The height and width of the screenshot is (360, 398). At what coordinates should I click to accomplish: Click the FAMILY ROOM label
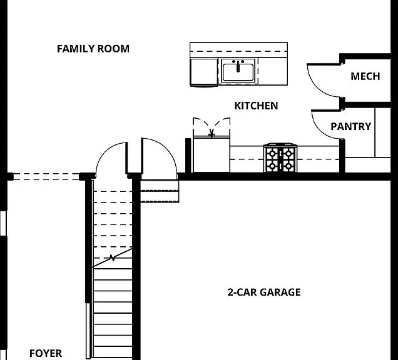(93, 49)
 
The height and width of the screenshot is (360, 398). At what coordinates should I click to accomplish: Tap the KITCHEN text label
(256, 106)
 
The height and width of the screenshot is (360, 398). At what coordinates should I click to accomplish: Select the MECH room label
(365, 76)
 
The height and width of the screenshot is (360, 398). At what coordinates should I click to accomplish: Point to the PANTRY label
(351, 126)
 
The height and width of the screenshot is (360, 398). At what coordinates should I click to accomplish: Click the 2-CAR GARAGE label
(264, 292)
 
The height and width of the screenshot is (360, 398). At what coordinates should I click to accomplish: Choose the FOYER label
(46, 353)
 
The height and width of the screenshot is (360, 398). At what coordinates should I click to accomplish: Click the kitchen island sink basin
(238, 72)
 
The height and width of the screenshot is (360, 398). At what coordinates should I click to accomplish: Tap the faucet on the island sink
(238, 66)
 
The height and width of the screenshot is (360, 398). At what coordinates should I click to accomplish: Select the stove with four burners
(280, 157)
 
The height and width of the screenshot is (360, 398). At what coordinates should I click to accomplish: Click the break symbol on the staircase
(112, 258)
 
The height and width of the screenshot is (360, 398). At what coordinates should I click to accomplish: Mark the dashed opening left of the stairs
(46, 177)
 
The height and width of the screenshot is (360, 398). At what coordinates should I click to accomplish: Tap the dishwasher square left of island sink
(204, 72)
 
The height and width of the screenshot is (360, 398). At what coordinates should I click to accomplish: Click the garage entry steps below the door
(160, 191)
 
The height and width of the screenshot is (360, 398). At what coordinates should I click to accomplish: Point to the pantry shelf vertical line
(375, 132)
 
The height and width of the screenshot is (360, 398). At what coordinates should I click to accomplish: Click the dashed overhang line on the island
(238, 51)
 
